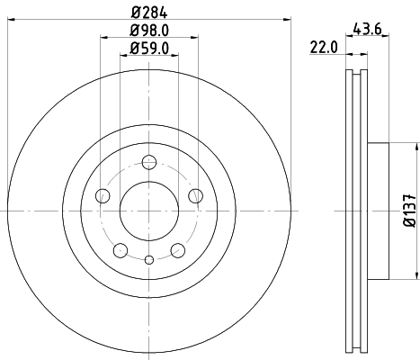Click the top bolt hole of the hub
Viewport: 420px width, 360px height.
click(x=148, y=163)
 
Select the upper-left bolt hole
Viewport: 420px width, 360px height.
click(x=103, y=196)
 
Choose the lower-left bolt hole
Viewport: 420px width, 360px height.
click(x=121, y=249)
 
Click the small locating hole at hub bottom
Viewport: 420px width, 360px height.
click(x=148, y=260)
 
